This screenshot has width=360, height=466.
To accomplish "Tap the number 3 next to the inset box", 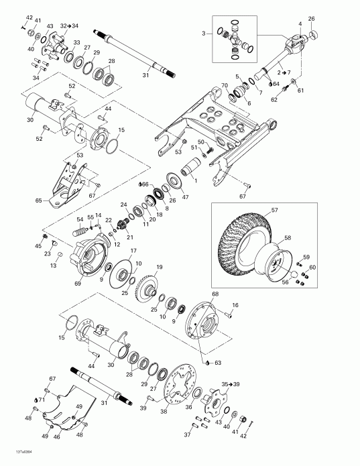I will [204, 33].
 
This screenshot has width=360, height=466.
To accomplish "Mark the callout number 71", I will [41, 400].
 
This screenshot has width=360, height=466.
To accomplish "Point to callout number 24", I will [123, 204].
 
